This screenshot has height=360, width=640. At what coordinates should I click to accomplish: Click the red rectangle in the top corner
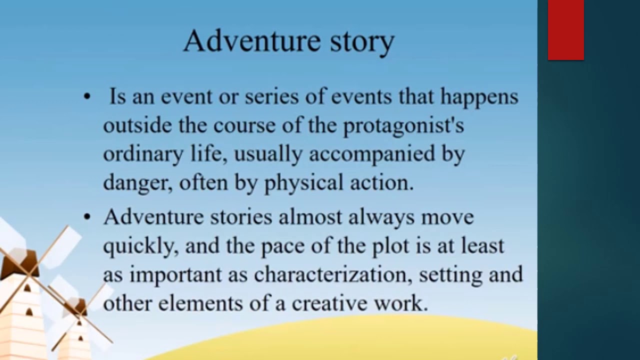point(565,30)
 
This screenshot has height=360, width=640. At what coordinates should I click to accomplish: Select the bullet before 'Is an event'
point(87,97)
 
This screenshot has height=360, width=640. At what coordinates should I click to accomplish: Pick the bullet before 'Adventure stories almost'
point(87,217)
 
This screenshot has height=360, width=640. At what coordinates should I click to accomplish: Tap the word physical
point(303,183)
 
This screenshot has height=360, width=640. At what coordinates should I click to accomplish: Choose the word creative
point(329,303)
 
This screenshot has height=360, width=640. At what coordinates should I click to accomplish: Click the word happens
point(479,97)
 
